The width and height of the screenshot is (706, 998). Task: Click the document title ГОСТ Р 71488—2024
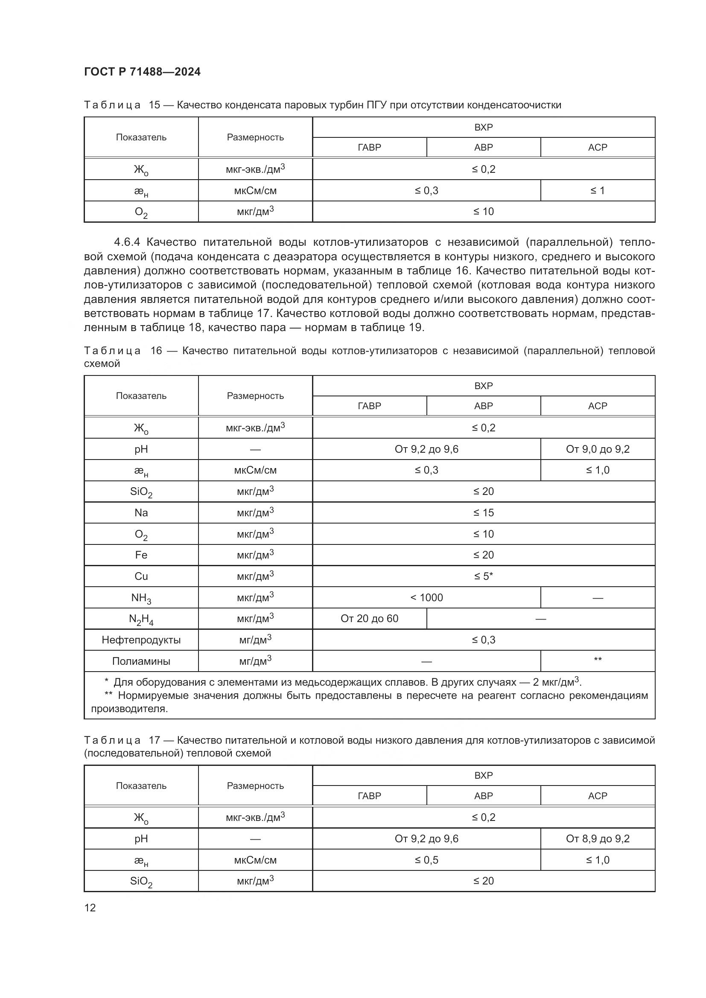[142, 72]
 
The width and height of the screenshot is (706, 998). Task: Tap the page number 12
[90, 908]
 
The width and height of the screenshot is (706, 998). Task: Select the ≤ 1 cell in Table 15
[597, 190]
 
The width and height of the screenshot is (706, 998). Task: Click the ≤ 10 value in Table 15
[484, 212]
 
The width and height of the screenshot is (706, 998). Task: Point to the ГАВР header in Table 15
[369, 147]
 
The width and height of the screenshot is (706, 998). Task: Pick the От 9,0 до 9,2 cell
[597, 449]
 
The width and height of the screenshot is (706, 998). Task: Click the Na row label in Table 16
[141, 512]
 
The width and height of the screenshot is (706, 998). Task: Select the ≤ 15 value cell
[484, 512]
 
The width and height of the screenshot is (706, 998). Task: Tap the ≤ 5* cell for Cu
[484, 576]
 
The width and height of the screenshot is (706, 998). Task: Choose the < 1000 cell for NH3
[426, 598]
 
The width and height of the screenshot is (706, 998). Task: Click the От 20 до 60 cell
[369, 619]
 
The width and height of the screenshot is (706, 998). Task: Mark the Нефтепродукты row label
[141, 640]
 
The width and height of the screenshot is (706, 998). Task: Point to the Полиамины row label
[141, 661]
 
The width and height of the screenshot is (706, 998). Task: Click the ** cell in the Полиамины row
[597, 660]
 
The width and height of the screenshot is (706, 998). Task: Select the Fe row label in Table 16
[141, 555]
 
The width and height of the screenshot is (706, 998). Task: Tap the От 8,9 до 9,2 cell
[597, 838]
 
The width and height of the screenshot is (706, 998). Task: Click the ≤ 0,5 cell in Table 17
[426, 860]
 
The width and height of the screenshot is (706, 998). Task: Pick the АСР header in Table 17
[597, 796]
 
